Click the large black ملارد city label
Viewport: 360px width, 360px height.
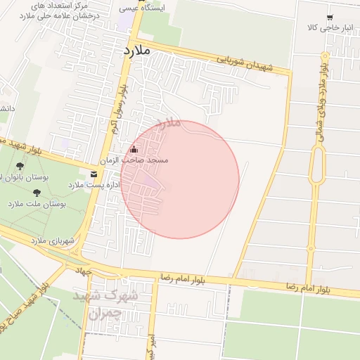click(138, 51)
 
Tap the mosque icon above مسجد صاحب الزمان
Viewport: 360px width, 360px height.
click(134, 149)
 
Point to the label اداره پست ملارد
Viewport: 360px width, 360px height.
click(94, 185)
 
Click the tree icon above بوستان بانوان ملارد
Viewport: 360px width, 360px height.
click(18, 167)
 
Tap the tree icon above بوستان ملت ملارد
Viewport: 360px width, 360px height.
click(37, 193)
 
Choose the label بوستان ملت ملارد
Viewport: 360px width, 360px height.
click(37, 204)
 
